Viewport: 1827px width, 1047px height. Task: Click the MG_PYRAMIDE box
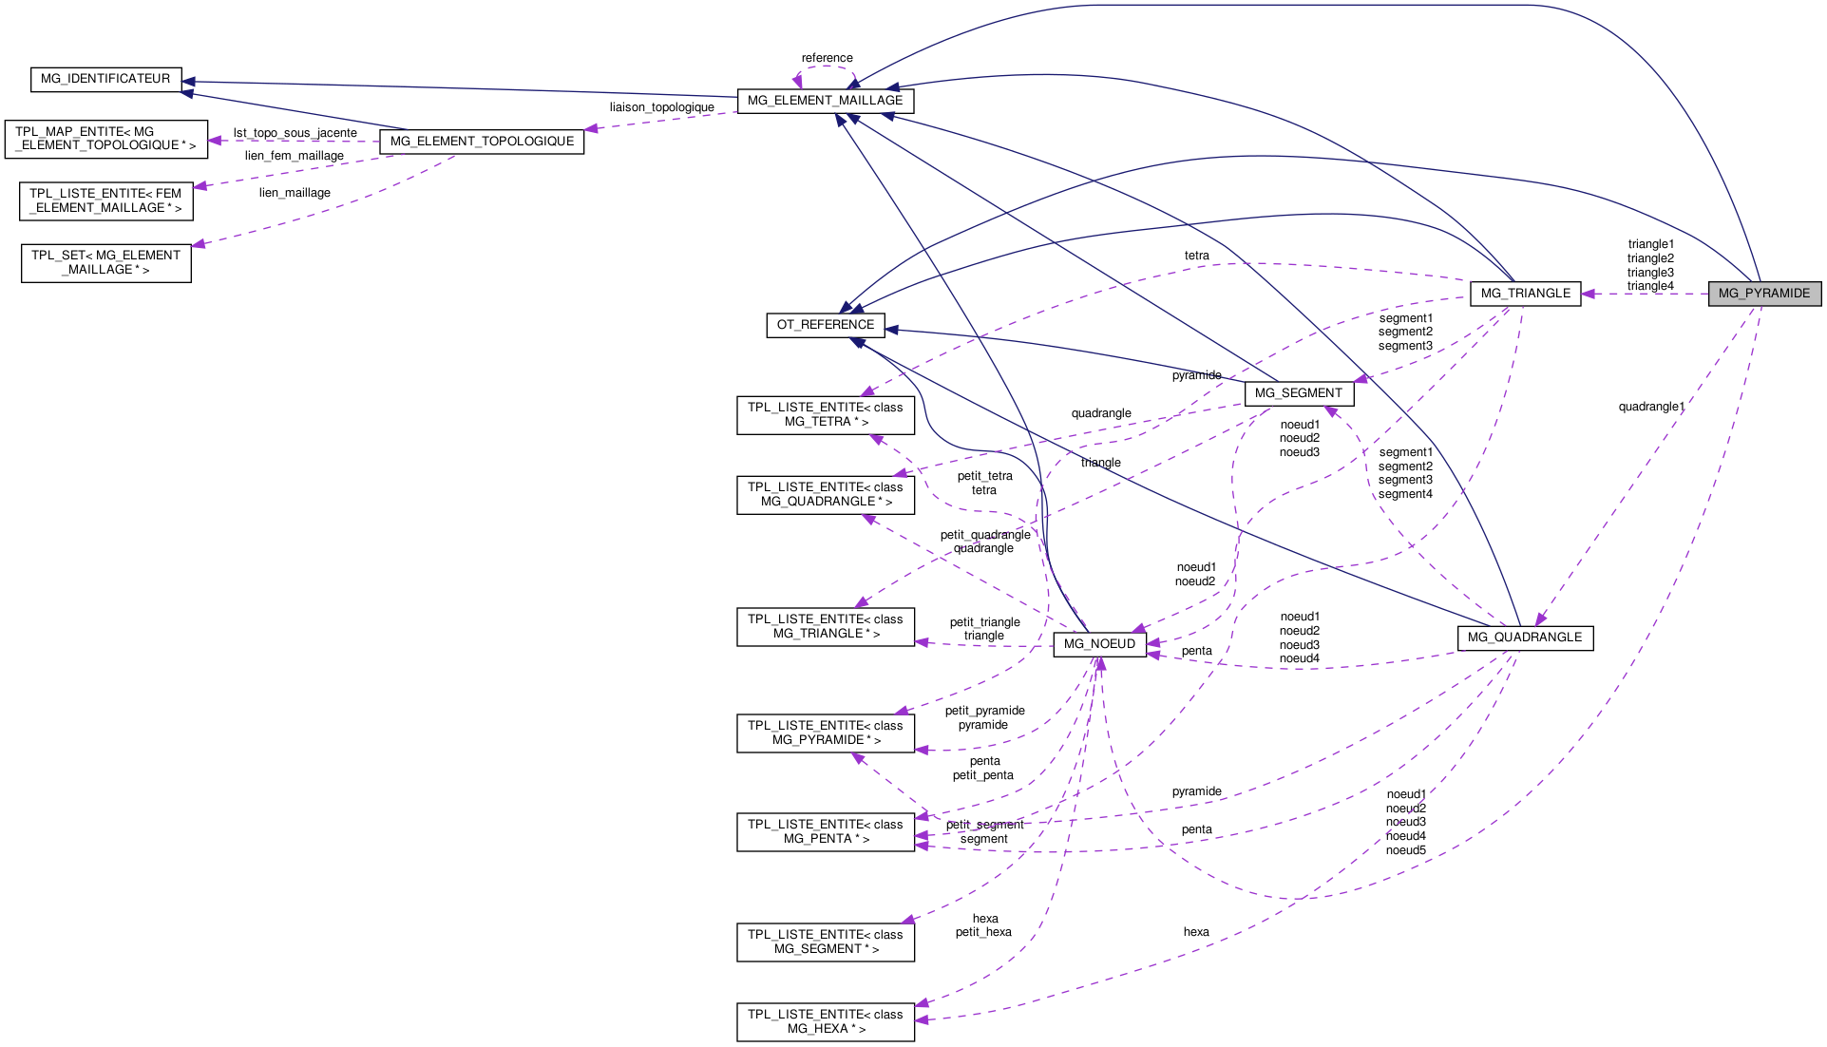(1764, 294)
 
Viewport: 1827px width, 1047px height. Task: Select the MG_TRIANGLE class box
(1525, 294)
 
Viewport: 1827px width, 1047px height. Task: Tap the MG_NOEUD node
(1099, 644)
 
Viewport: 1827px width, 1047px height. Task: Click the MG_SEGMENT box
(1298, 393)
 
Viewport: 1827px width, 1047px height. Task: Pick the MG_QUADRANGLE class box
(1524, 638)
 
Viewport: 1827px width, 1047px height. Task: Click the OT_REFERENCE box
(825, 325)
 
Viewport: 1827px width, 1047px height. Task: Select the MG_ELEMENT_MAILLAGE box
(825, 101)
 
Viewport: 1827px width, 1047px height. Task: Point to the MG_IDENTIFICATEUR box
(105, 79)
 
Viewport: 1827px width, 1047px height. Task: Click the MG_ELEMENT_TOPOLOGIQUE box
(482, 142)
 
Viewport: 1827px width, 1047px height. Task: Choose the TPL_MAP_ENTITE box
(105, 139)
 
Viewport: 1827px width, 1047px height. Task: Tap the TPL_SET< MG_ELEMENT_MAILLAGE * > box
(105, 263)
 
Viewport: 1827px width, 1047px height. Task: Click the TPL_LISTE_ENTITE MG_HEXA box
(825, 1021)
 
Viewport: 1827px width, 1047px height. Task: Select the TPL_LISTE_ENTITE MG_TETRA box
(825, 414)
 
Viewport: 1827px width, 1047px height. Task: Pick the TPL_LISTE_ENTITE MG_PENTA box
(825, 831)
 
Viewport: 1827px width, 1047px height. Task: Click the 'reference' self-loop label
(827, 58)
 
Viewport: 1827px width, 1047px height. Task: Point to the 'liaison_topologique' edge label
(661, 107)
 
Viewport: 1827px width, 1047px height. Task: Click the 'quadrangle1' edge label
(1651, 407)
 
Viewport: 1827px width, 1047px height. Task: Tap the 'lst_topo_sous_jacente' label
(295, 133)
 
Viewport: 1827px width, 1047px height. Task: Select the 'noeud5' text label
(1405, 850)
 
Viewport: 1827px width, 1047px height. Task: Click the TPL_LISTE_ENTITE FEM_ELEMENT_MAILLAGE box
(105, 200)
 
